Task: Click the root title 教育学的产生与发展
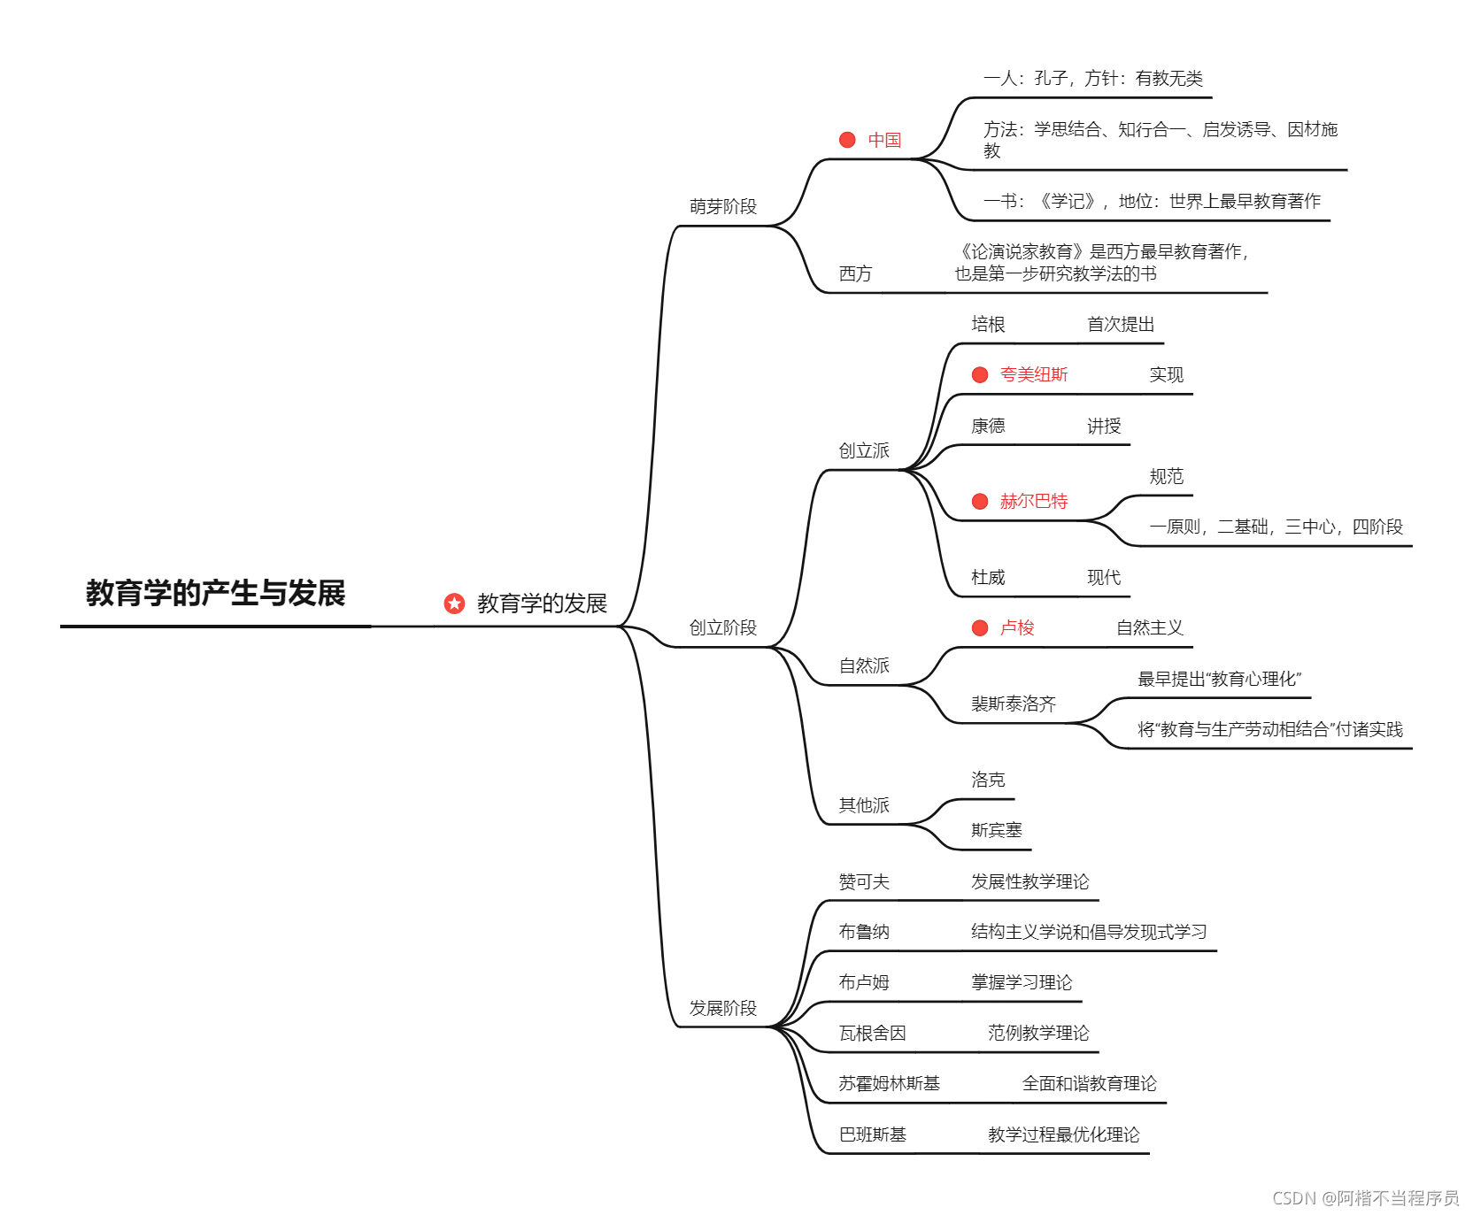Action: coord(215,593)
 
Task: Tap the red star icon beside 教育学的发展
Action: coord(454,604)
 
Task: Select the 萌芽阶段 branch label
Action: coord(723,206)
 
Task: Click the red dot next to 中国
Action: coord(847,140)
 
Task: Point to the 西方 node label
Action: coord(855,273)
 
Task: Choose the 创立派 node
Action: coord(864,450)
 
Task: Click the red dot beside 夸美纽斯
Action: coord(980,375)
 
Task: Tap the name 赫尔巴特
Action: coord(1034,501)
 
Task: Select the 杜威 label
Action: coord(988,577)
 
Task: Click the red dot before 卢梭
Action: coord(980,628)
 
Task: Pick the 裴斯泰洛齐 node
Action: coord(1014,704)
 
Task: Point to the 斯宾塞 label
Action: coord(997,830)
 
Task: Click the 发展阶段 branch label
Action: coord(723,1008)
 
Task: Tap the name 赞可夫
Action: coord(864,881)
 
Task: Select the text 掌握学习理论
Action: coord(1022,982)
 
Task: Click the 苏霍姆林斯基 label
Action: coord(890,1083)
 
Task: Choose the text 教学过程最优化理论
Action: coord(1064,1134)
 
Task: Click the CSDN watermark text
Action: coord(1365,1198)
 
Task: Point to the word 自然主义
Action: coord(1150,628)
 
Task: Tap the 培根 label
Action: coord(988,324)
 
